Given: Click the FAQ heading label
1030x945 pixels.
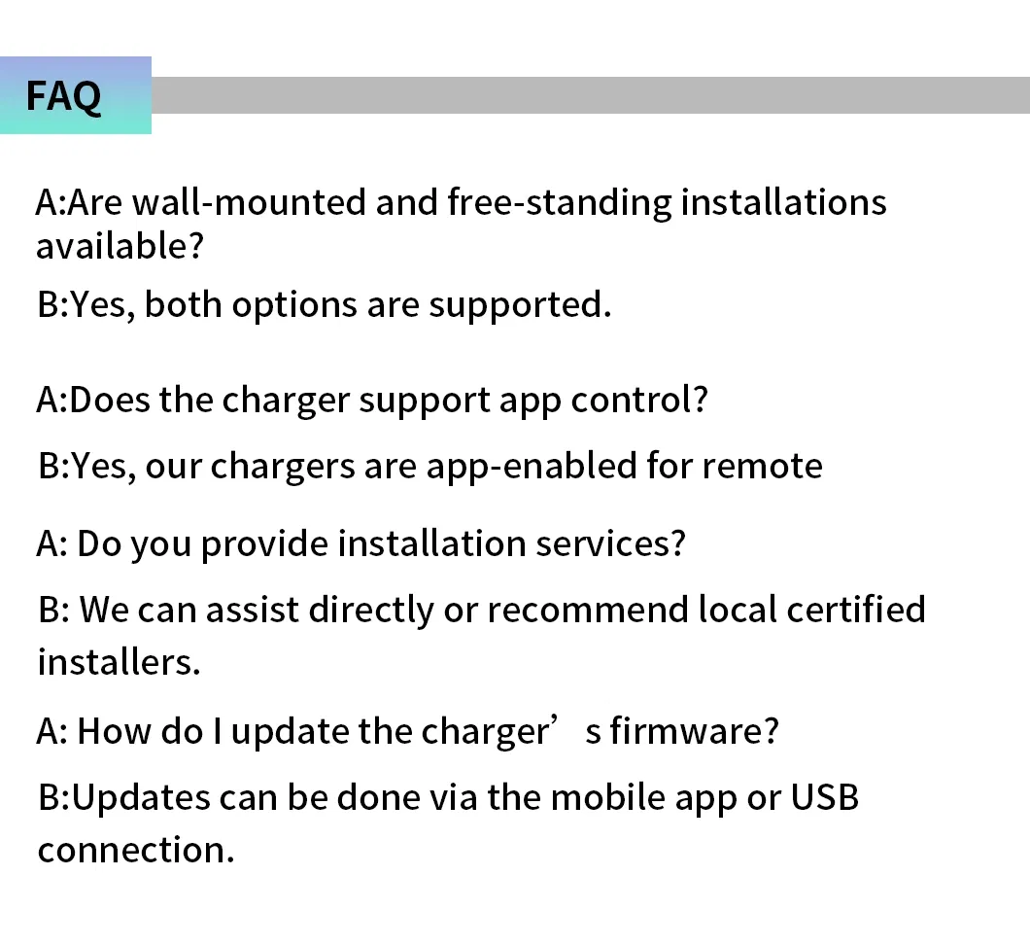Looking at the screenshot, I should point(63,96).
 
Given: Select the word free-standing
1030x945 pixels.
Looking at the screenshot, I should point(559,202).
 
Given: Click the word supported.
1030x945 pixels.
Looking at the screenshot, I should point(520,304).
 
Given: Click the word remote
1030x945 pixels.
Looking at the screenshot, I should point(762,466).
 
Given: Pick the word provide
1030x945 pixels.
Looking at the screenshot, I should point(264,543).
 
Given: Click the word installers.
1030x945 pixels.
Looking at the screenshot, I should point(119,662).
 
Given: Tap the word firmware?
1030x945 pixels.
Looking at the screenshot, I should point(694,730).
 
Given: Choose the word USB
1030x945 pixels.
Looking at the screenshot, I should point(825,797).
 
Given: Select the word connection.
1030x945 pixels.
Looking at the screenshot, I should point(136,850).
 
